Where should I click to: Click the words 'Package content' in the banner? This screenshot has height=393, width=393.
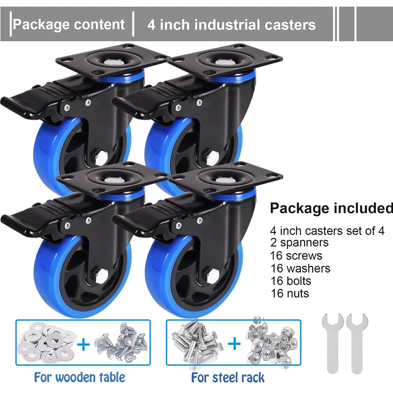(69, 24)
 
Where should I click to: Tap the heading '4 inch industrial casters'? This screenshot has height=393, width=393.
(231, 25)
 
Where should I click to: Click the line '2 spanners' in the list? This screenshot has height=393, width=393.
(299, 242)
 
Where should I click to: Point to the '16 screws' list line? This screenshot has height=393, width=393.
(296, 255)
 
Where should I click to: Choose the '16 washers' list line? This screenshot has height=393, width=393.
(300, 268)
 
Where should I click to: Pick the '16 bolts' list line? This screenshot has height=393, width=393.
(290, 281)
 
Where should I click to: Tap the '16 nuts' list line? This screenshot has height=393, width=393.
(289, 293)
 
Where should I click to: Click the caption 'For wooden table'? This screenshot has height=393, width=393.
(79, 378)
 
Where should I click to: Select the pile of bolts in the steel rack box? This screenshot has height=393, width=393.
(196, 343)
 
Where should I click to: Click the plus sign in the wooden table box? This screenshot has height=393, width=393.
(83, 345)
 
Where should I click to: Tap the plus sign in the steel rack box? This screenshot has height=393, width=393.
(234, 345)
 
